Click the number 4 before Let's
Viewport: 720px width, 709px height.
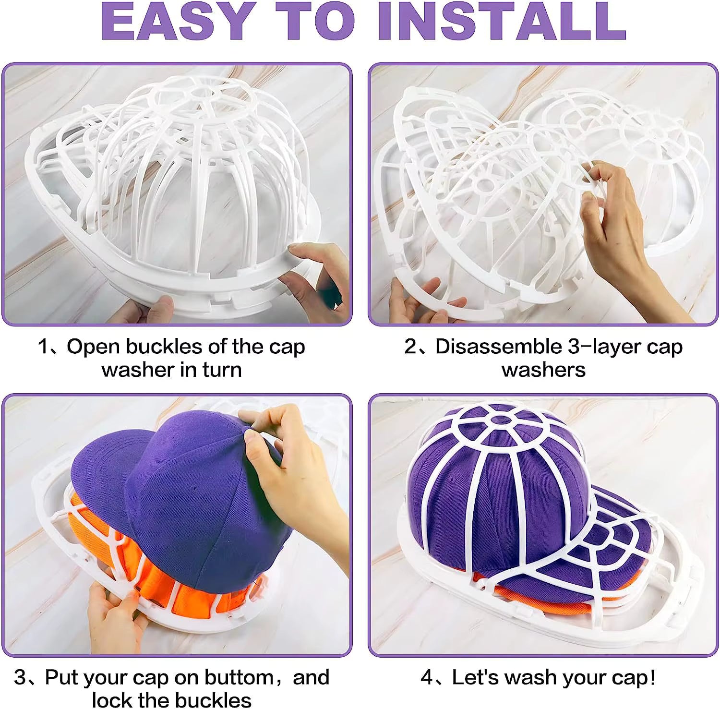click(x=427, y=678)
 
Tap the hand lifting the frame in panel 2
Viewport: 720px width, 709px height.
click(x=619, y=230)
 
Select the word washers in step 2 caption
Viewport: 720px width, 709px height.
click(x=543, y=370)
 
